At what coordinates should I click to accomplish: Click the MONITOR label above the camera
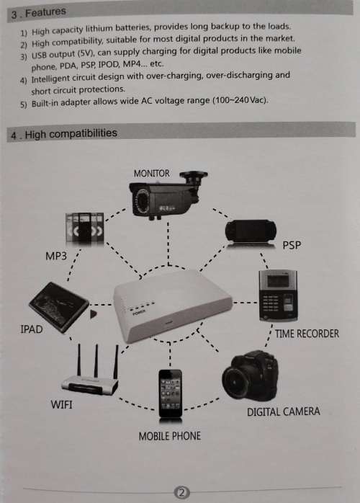coord(152,173)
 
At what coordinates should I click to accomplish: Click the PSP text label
coord(292,246)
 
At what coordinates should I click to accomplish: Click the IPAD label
coord(32,329)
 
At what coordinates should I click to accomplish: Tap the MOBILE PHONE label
coord(169,436)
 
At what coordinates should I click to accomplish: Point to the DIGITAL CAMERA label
coord(283,412)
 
